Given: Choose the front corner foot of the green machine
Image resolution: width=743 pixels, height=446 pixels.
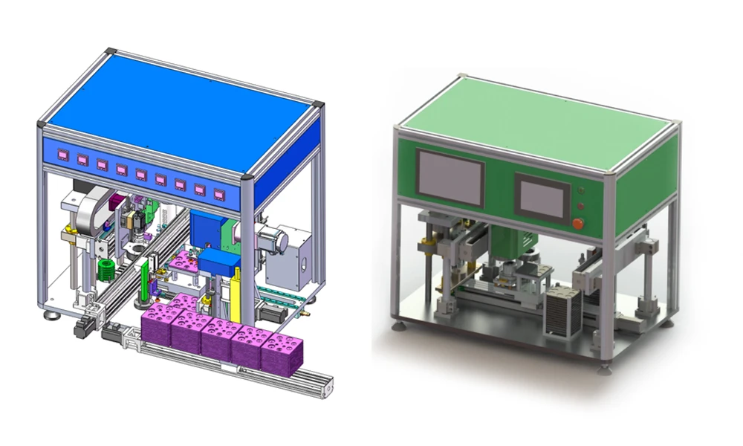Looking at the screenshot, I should tap(608, 364).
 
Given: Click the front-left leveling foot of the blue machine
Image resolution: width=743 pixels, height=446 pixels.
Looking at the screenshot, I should tap(51, 315).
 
